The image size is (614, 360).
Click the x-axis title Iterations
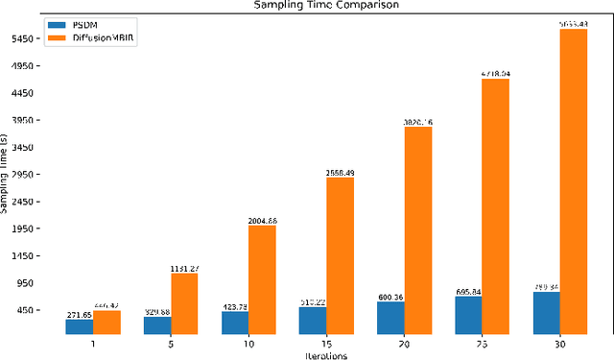[326, 354]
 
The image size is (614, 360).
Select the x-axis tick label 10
[248, 343]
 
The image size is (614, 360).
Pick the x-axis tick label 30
[559, 343]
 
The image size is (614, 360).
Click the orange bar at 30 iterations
[573, 181]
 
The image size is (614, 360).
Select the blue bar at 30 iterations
[546, 312]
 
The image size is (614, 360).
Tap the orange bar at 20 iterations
[417, 230]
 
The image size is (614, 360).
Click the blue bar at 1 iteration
[80, 326]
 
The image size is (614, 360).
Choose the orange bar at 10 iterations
[262, 279]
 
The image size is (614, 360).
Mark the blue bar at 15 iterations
[313, 320]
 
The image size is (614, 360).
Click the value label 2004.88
[262, 220]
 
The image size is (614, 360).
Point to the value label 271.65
[80, 314]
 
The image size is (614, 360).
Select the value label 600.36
[390, 297]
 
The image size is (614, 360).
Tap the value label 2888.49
[340, 173]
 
